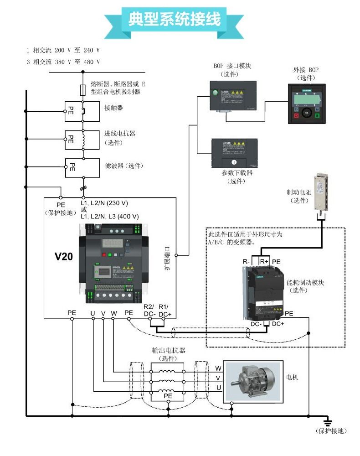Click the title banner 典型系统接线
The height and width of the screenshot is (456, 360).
(175, 19)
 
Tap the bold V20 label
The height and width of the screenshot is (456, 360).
(64, 257)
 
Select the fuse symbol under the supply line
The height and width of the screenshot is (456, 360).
(82, 89)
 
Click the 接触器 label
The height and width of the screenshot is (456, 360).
(113, 108)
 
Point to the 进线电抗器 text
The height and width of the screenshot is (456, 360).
(120, 134)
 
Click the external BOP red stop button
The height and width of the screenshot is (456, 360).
(297, 116)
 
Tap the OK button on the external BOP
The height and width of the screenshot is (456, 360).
(307, 112)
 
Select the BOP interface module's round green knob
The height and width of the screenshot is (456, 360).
(214, 94)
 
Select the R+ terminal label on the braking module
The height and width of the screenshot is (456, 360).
(264, 261)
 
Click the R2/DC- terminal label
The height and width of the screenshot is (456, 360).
(149, 310)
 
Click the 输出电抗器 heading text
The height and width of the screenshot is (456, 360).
(169, 351)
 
